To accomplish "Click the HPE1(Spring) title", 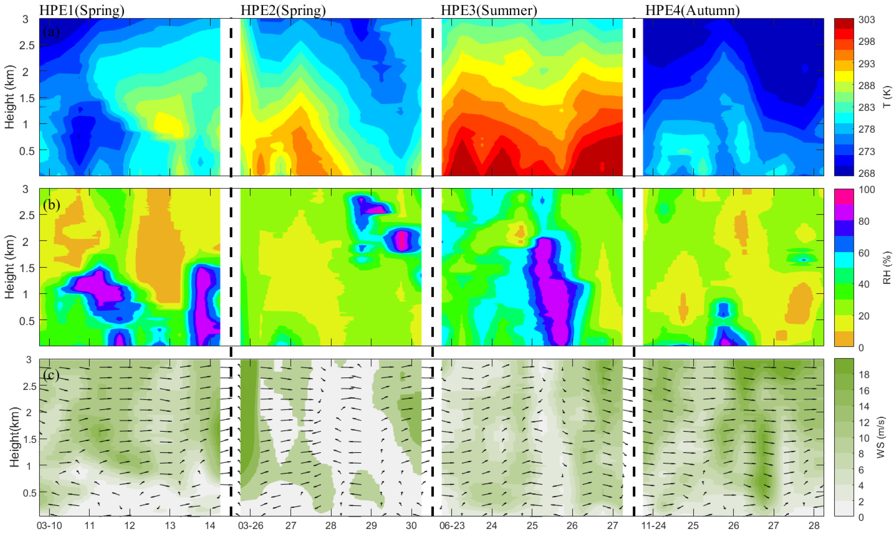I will (x=82, y=10).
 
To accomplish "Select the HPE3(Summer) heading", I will (x=489, y=10).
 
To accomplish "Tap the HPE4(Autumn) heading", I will (x=693, y=10).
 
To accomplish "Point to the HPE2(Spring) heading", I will (x=283, y=10).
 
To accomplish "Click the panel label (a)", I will (x=51, y=32).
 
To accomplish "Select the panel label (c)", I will (x=51, y=375).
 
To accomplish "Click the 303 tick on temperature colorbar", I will (x=867, y=20).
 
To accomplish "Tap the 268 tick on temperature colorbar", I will (x=867, y=173).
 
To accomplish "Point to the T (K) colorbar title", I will (x=887, y=97).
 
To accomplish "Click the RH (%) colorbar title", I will (x=887, y=268).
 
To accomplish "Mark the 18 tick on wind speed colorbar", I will (x=864, y=375).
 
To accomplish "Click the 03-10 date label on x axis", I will (x=49, y=526).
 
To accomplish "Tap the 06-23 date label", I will (x=452, y=526).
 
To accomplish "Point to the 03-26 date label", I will (x=250, y=526).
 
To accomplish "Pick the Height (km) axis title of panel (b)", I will (x=10, y=267).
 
